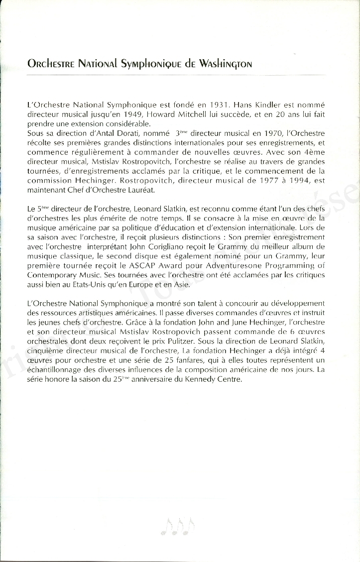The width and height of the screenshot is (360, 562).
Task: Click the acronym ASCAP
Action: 150,265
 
